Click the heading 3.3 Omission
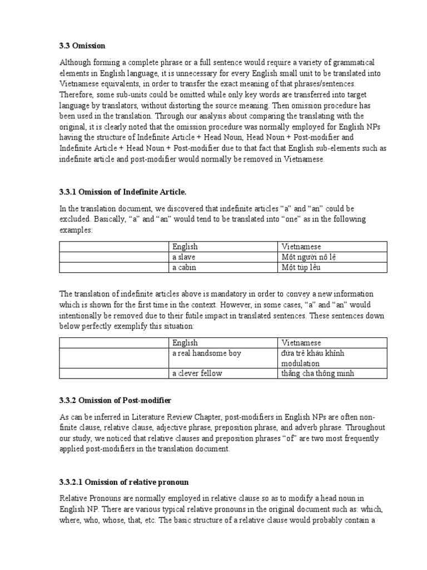[x=82, y=45]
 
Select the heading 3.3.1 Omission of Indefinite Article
[x=119, y=192]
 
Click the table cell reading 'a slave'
[x=184, y=257]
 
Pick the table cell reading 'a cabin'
[x=184, y=267]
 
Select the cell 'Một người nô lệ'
[x=309, y=257]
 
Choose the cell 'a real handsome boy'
[x=207, y=353]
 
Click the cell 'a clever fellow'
[x=197, y=373]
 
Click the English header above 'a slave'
[x=185, y=247]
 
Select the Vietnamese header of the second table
[x=301, y=343]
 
